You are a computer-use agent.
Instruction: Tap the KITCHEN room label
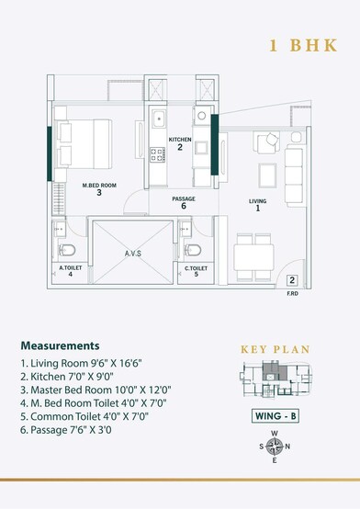click(180, 139)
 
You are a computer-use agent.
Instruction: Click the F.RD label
click(290, 293)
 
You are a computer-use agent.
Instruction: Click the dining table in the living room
click(254, 251)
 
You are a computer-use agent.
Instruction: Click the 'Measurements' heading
click(59, 346)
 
